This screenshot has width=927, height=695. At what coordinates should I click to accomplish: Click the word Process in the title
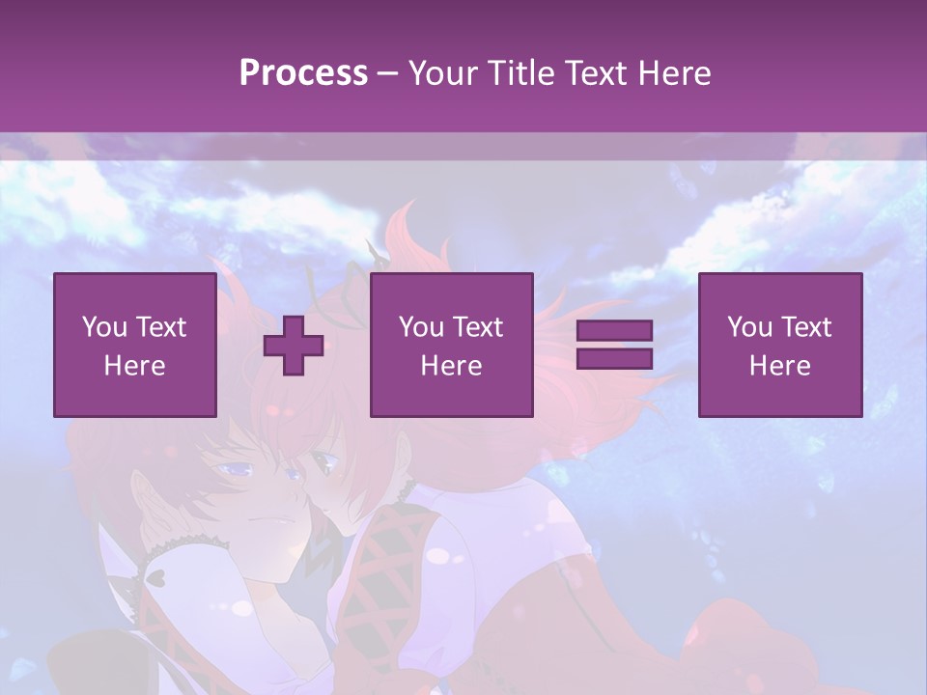tap(303, 72)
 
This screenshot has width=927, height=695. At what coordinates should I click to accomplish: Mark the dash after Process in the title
tap(388, 73)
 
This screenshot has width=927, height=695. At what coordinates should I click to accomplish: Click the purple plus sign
tap(294, 346)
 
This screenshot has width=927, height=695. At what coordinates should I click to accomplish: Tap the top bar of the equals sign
tap(614, 331)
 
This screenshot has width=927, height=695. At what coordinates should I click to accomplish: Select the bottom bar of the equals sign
tap(614, 359)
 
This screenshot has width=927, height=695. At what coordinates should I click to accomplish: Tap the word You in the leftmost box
tap(104, 327)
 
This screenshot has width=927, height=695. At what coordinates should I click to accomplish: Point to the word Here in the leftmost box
tap(134, 366)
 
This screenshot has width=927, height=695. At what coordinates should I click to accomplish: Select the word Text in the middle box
tap(479, 327)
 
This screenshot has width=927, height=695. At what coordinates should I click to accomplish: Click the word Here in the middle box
tap(451, 366)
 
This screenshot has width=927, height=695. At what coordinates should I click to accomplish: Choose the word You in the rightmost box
tap(749, 327)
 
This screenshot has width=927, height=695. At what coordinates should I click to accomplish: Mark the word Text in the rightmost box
tap(807, 327)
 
